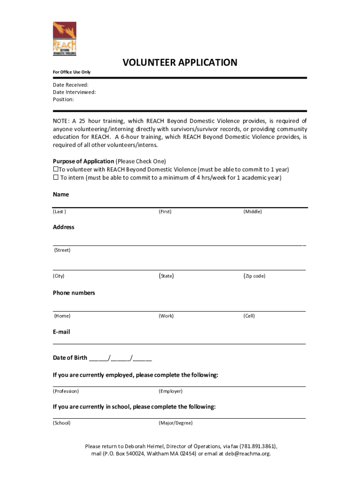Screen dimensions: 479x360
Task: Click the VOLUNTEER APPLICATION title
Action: pos(180,63)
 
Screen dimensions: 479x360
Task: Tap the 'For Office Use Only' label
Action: pos(72,72)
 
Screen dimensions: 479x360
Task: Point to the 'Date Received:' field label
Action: pos(71,85)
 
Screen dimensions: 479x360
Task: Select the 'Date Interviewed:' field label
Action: pos(74,92)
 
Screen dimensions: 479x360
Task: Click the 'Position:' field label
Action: pos(63,100)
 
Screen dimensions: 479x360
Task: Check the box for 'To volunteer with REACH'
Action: pos(55,169)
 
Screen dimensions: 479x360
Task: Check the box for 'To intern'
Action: pos(55,178)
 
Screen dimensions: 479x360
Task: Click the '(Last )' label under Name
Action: pos(59,211)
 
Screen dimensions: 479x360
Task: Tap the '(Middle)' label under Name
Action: pos(252,211)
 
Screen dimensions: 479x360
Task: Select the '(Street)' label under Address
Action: pos(62,250)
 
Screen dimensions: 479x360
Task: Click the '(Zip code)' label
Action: pos(254,276)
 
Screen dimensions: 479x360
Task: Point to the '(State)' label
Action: pos(166,276)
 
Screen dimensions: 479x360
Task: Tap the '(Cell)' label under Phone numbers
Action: pos(249,316)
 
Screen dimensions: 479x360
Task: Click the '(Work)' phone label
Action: pos(166,316)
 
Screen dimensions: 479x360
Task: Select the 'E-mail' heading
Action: pos(61,332)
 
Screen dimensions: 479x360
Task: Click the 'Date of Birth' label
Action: pos(70,358)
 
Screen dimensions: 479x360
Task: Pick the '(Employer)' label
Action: pos(171,391)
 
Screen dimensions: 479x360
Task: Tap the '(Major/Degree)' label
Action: pos(175,423)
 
